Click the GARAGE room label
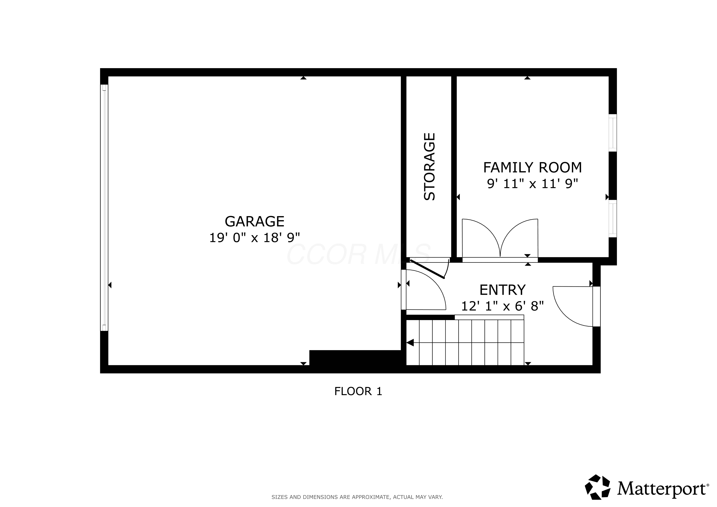[255, 222]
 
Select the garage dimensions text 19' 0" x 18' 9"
[255, 238]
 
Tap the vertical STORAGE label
[429, 167]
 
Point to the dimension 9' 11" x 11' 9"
[532, 184]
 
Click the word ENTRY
[502, 290]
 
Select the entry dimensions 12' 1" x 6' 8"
[502, 306]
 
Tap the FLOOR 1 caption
[358, 391]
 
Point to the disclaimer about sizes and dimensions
[357, 497]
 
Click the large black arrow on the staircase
[410, 343]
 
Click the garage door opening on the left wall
[104, 208]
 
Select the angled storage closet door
[427, 269]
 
